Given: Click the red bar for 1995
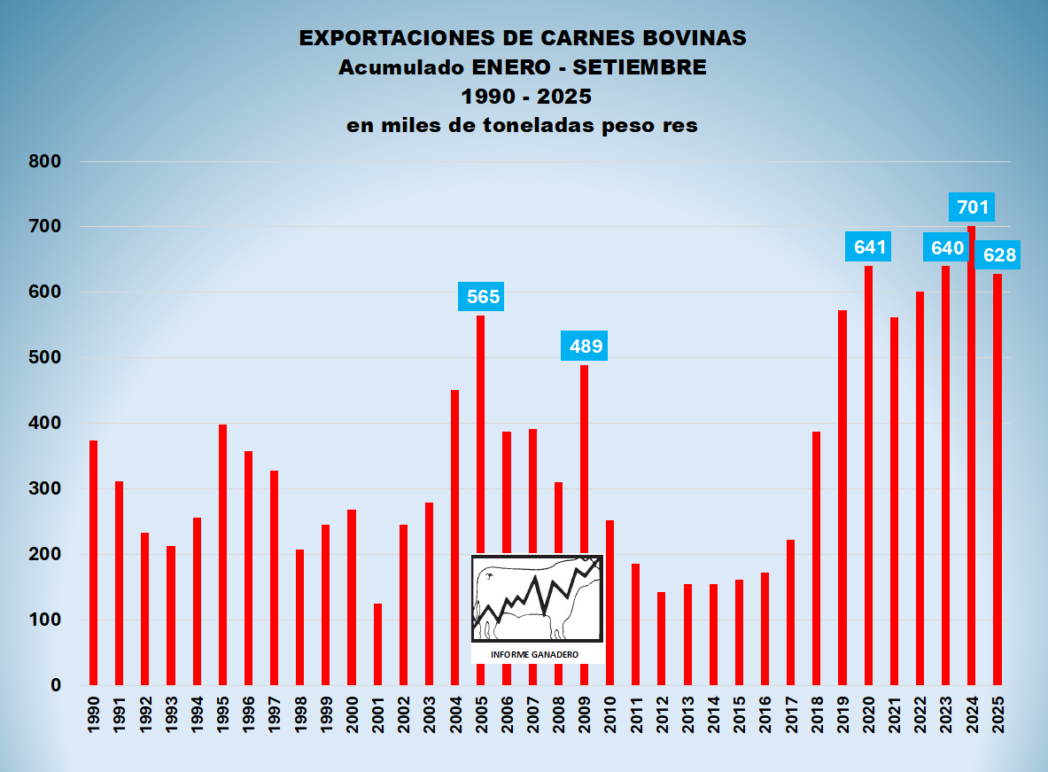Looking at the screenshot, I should pos(223,554).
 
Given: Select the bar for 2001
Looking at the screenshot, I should pos(377,644).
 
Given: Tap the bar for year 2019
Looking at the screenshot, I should pos(842,497).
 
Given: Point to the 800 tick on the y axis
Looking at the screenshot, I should pos(44,161).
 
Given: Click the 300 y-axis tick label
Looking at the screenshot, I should pos(44,489).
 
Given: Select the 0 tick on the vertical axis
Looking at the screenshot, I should pos(55,686).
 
